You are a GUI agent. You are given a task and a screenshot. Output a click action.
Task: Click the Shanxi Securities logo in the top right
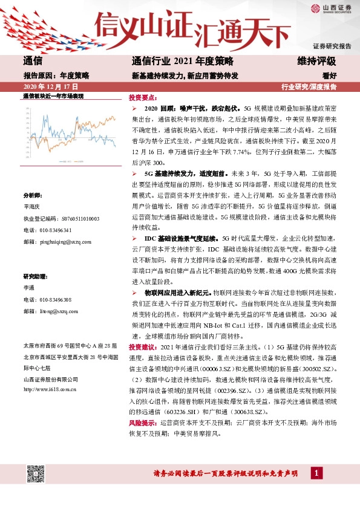point(330,8)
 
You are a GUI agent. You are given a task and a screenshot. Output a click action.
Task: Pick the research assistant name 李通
point(28,288)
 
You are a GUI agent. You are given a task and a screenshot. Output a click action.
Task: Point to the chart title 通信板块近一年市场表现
point(52,96)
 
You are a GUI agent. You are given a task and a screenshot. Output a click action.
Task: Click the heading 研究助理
point(35,276)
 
